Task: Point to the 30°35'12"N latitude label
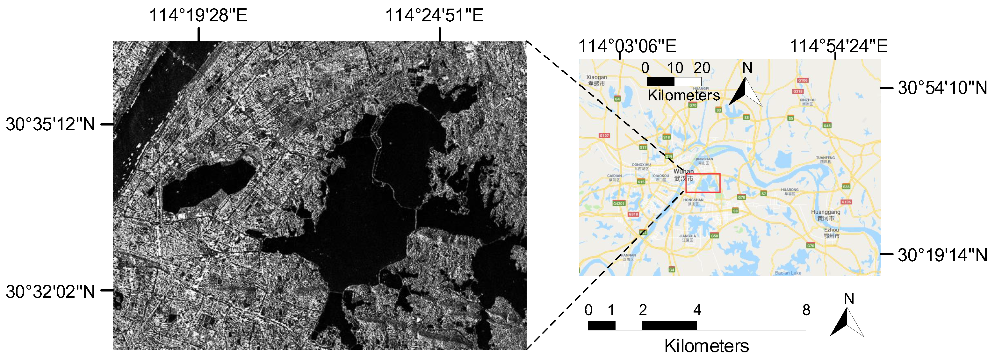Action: pyautogui.click(x=50, y=124)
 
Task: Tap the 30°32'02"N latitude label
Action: pyautogui.click(x=50, y=292)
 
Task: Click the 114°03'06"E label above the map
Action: pyautogui.click(x=627, y=46)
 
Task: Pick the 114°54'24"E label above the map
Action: pyautogui.click(x=838, y=46)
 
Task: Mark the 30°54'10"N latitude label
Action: pyautogui.click(x=942, y=88)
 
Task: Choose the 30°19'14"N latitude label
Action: pyautogui.click(x=942, y=255)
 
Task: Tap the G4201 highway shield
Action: pyautogui.click(x=618, y=203)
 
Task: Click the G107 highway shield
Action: pyautogui.click(x=604, y=136)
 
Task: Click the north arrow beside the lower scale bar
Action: pyautogui.click(x=847, y=320)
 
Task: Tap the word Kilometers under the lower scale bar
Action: pyautogui.click(x=706, y=346)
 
